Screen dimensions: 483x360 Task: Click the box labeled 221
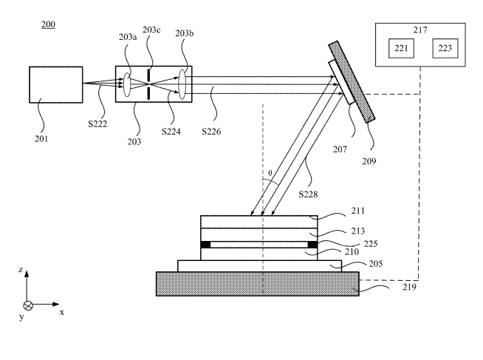(401, 48)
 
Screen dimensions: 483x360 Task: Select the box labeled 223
(445, 48)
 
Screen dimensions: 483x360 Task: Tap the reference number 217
(420, 30)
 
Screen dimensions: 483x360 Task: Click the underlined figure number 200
(48, 24)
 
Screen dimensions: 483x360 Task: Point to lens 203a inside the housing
(127, 84)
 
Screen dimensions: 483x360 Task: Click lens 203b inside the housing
(182, 84)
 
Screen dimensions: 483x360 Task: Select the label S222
(97, 124)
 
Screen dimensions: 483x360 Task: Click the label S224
(171, 132)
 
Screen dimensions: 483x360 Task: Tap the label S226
(211, 132)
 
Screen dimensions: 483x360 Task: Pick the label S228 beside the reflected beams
(308, 194)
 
